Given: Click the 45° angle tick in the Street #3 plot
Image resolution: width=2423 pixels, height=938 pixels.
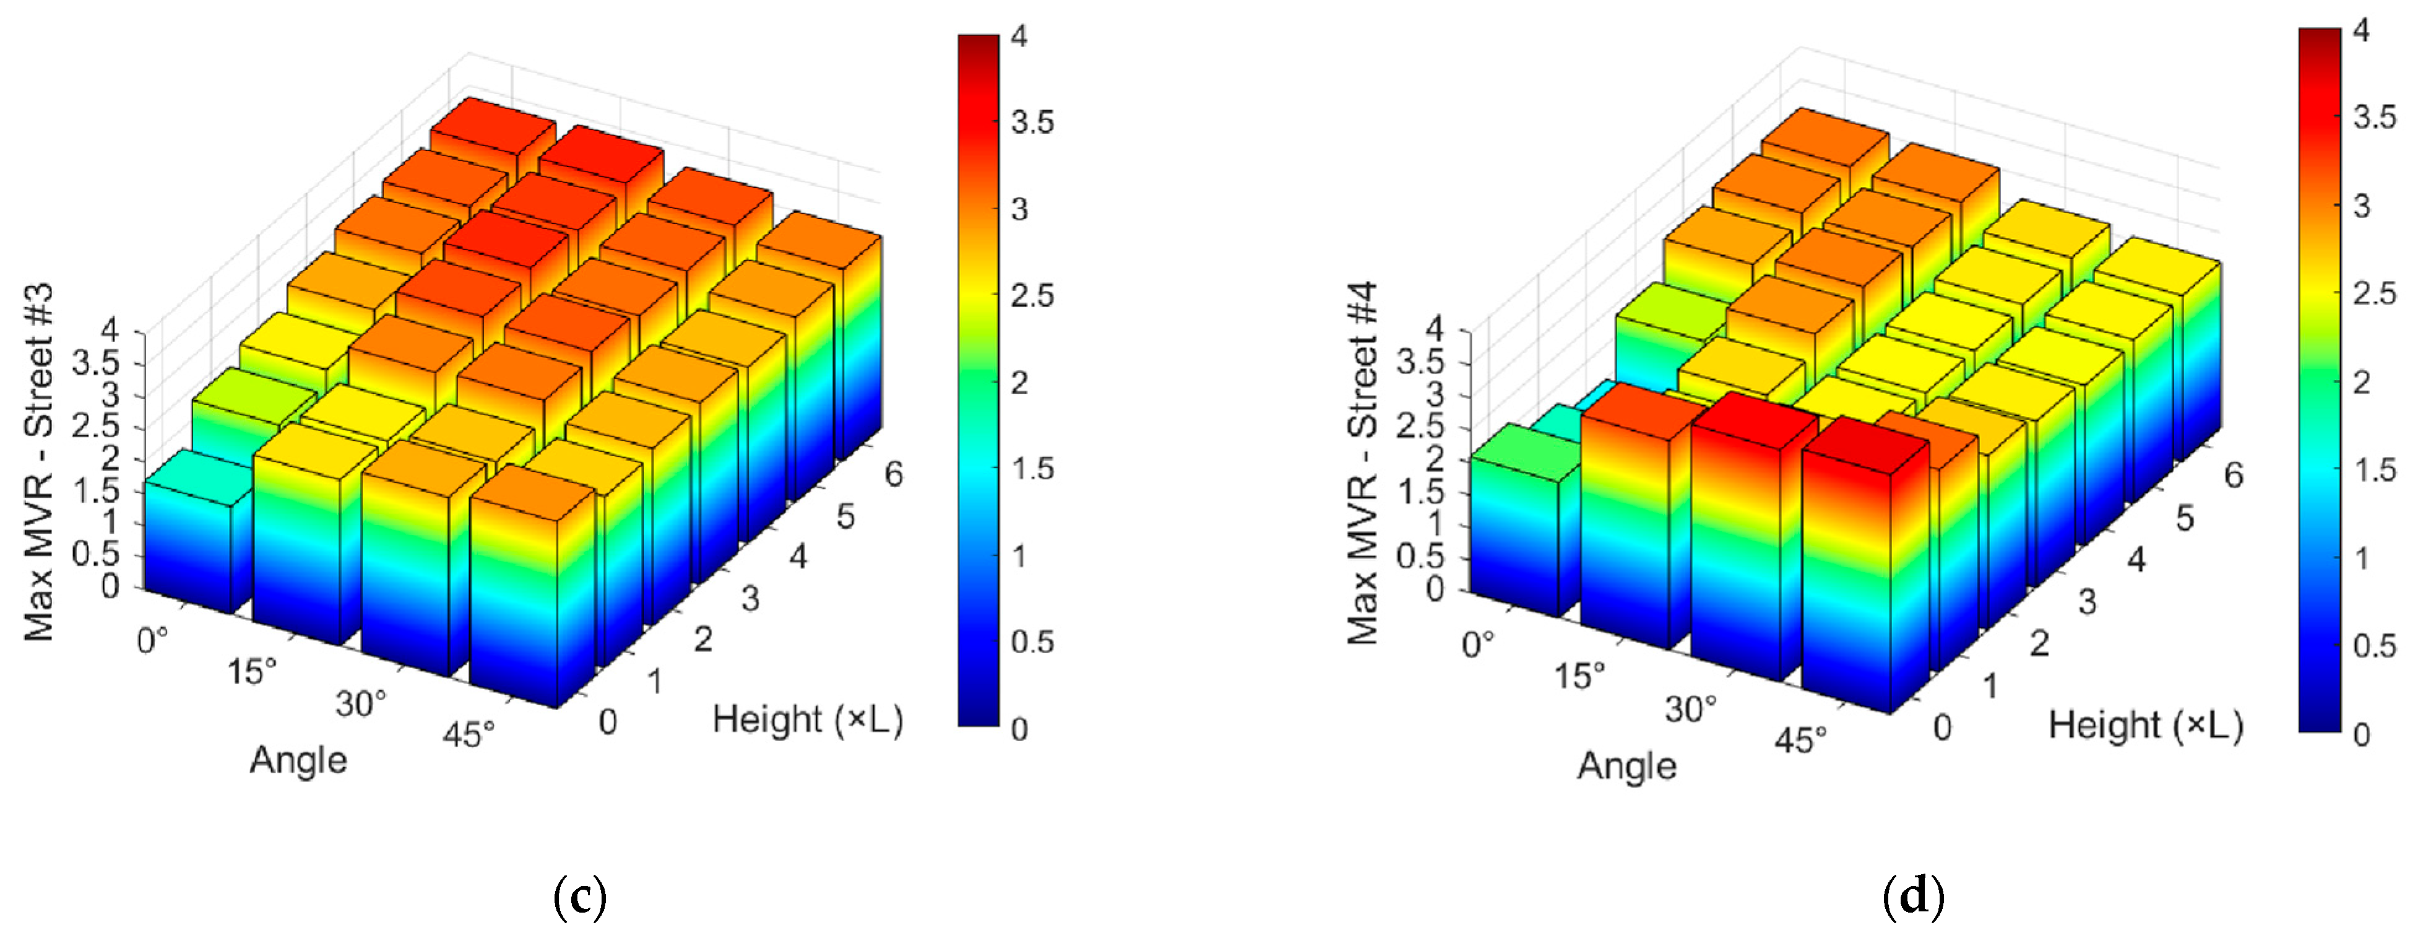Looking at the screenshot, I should click(x=467, y=734).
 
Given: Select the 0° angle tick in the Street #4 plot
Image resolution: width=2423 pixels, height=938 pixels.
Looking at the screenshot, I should click(x=1478, y=645).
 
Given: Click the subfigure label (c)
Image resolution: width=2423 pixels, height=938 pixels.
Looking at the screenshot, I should click(x=579, y=897).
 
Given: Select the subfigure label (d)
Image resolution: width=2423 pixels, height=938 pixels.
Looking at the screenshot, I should click(x=1913, y=897).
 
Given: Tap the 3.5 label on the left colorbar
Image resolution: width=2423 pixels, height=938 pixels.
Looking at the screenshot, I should click(x=1032, y=123).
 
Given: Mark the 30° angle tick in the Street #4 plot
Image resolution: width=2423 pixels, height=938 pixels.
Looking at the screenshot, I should click(x=1690, y=708).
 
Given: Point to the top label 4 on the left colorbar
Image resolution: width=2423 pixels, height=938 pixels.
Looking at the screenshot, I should click(x=1019, y=37).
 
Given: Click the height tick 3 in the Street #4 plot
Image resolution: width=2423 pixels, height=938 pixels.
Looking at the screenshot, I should click(x=2086, y=602).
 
